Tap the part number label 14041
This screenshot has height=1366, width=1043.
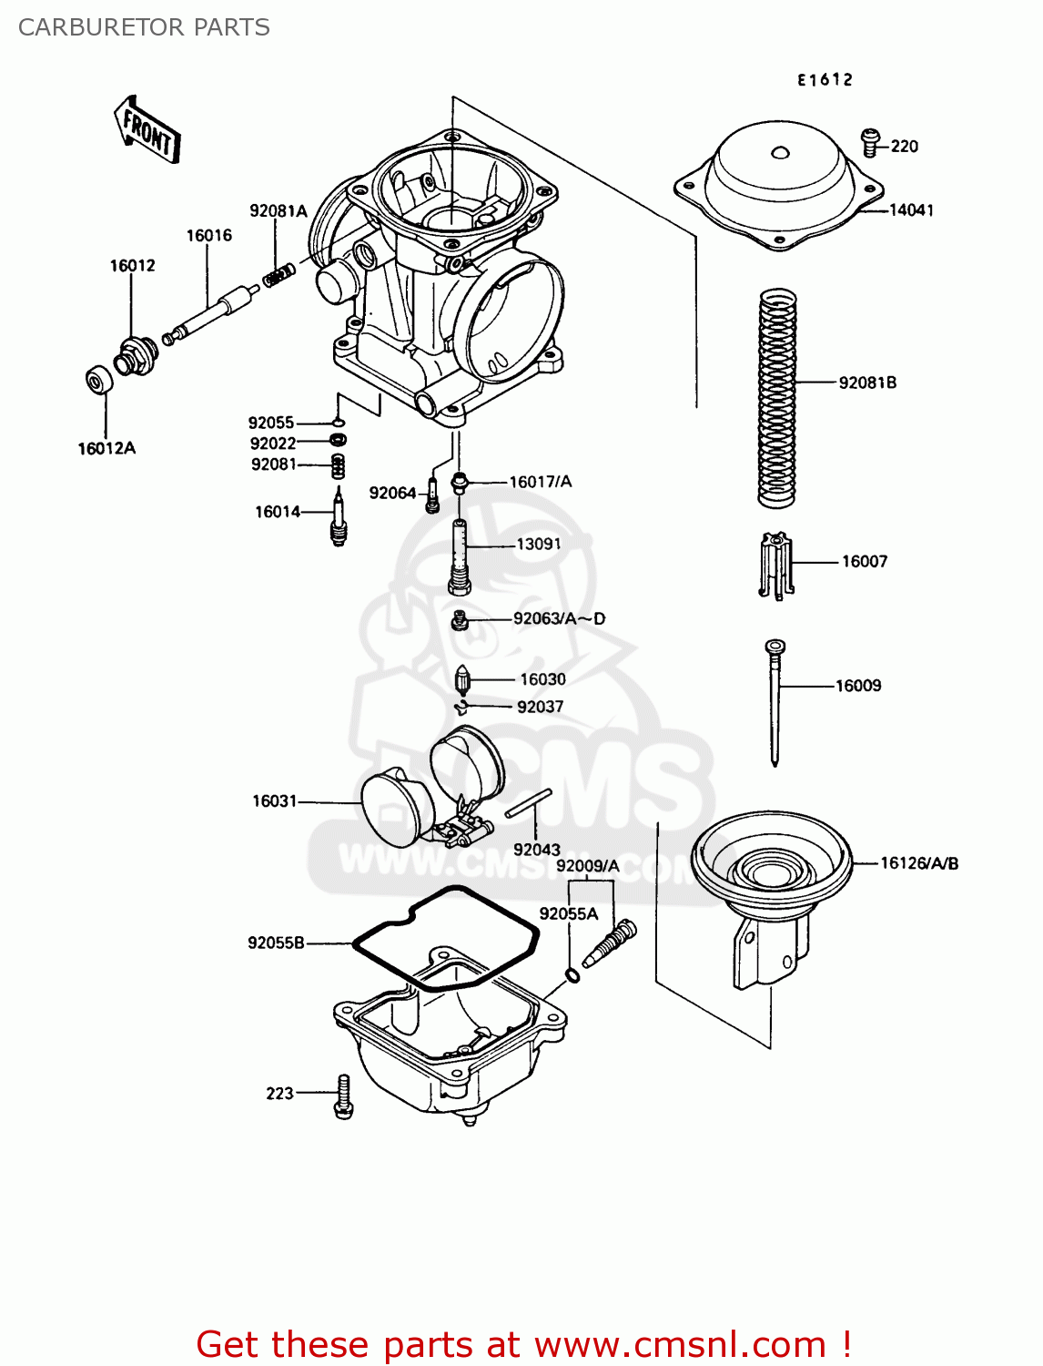(911, 210)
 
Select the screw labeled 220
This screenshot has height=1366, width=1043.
(870, 142)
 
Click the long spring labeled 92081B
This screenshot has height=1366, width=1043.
(777, 398)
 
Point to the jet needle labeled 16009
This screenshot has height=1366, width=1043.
(775, 701)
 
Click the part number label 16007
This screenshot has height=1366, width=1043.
(864, 562)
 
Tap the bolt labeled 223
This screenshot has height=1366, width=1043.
(343, 1096)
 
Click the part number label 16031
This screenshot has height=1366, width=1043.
(274, 801)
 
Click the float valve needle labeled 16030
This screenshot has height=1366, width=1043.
(462, 680)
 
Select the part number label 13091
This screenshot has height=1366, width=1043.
(539, 545)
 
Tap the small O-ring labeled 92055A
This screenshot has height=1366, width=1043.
(572, 976)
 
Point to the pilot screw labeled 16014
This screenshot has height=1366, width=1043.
(339, 517)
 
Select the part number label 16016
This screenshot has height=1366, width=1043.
(209, 236)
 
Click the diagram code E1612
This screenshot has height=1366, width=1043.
(825, 80)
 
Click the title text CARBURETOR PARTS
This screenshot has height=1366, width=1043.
(144, 27)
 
